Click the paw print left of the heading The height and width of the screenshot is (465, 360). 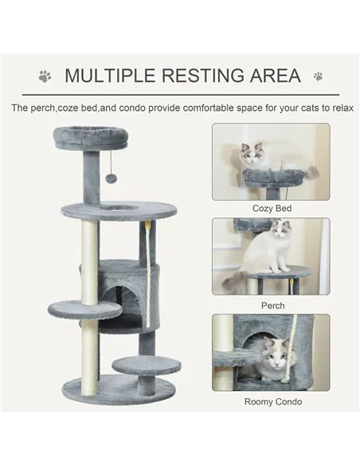pos(45,76)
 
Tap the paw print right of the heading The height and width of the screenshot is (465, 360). pos(318,76)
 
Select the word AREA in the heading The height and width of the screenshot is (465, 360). pos(272,76)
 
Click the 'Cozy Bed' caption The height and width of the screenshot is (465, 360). pos(272,209)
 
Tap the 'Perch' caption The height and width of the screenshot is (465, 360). pos(272,305)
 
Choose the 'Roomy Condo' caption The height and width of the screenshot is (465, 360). pos(272,402)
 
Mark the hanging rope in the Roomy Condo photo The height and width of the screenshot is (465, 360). pos(304,350)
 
